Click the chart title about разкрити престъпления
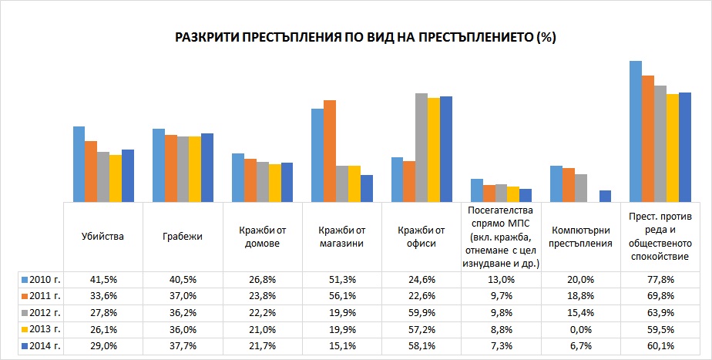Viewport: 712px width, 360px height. (365, 37)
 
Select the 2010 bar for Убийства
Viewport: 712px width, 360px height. (79, 164)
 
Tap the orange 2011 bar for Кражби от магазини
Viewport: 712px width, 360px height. (330, 151)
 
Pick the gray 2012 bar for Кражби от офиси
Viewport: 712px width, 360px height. (421, 148)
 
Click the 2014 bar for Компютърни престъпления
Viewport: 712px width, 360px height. (606, 196)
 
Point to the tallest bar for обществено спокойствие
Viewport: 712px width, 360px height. (635, 131)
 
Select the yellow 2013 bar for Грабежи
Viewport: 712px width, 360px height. (195, 169)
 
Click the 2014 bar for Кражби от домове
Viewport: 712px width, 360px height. (287, 182)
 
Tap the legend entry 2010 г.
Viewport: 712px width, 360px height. (41, 280)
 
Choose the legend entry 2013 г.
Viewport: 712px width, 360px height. (41, 329)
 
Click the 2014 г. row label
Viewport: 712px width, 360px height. (41, 346)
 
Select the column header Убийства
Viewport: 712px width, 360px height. (102, 237)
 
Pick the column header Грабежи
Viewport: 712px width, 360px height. (182, 237)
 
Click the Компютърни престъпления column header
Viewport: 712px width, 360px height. (580, 237)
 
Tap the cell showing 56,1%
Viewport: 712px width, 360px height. (341, 296)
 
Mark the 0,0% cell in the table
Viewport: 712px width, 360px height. (580, 329)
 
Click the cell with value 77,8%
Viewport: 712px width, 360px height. (660, 280)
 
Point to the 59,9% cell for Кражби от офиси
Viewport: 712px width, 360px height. (421, 313)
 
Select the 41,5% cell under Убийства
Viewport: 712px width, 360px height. (102, 280)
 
